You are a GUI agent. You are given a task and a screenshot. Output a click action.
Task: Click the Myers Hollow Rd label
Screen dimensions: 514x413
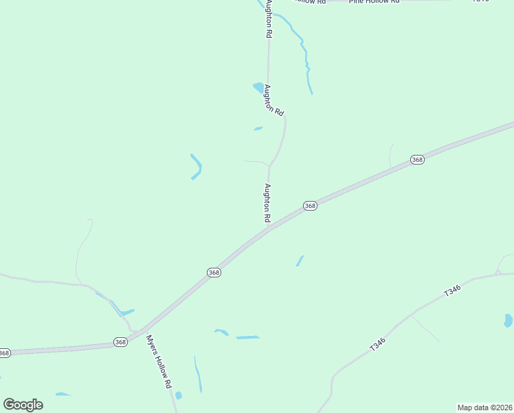158,362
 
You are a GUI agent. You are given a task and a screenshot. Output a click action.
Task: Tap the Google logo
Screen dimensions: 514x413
23,405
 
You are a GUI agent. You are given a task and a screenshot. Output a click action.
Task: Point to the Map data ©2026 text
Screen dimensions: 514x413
485,407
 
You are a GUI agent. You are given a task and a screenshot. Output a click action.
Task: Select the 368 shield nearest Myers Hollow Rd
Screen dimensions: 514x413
120,342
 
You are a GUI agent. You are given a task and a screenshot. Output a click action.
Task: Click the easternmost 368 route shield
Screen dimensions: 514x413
417,160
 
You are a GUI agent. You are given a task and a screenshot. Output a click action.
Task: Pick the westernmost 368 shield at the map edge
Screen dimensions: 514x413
4,353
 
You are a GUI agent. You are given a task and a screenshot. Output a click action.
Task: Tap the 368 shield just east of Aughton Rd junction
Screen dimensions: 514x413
310,206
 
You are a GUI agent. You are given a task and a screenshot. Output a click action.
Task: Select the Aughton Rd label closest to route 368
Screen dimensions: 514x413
267,202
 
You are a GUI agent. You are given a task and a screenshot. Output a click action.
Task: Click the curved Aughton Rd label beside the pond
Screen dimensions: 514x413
273,100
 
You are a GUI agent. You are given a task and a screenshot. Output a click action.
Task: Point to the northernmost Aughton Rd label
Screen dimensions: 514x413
269,19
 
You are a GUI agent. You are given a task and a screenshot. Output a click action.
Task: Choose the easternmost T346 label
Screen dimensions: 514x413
451,291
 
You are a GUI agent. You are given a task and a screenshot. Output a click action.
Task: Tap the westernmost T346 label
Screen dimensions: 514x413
377,344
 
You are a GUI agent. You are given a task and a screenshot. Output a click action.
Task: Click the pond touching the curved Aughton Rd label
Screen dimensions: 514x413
259,87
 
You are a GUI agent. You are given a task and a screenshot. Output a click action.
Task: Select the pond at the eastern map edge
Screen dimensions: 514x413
508,320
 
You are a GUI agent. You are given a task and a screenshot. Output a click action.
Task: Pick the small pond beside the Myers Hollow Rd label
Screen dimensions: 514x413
178,395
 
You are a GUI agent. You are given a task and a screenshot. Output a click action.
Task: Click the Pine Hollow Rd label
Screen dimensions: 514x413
374,2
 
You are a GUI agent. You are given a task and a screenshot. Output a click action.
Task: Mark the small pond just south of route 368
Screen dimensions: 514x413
300,261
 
